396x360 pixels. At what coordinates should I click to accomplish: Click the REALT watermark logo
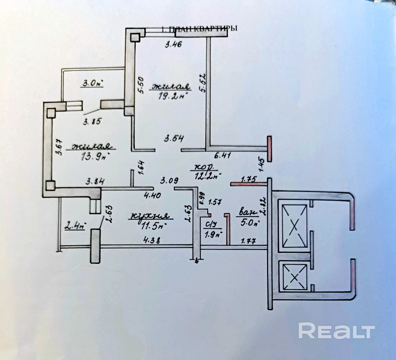[x=336, y=331]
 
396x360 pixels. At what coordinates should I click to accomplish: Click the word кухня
[x=150, y=216]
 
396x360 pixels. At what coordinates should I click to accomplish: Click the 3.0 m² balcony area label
[x=92, y=83]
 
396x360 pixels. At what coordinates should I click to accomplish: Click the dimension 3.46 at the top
[x=173, y=45]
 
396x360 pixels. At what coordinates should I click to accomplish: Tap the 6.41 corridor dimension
[x=222, y=155]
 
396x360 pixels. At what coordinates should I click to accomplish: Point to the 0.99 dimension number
[x=201, y=199]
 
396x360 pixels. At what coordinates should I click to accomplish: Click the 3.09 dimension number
[x=169, y=181]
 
